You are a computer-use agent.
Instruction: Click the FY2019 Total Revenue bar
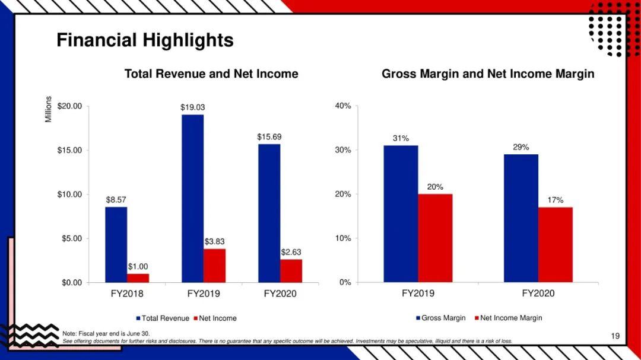point(192,198)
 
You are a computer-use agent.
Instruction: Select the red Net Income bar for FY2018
point(138,278)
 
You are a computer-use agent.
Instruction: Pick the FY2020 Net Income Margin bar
point(556,244)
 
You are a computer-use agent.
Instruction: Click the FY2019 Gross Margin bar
point(401,214)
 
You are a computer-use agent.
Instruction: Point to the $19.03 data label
point(192,107)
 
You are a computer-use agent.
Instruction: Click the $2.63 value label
point(291,252)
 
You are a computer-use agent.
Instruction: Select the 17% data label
point(556,200)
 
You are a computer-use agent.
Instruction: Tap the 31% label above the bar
point(401,138)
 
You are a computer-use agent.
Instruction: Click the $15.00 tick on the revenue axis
point(70,150)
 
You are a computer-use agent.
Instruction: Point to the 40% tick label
point(343,106)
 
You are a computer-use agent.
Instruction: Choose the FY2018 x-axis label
point(127,294)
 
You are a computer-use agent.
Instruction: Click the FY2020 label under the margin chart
point(538,294)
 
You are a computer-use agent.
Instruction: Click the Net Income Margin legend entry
point(508,318)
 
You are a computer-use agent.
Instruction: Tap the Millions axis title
point(49,110)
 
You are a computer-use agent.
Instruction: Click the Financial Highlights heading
point(145,40)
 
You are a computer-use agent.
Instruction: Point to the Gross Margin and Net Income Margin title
point(488,74)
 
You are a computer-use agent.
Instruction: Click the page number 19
point(615,336)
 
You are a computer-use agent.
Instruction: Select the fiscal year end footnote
point(106,334)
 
